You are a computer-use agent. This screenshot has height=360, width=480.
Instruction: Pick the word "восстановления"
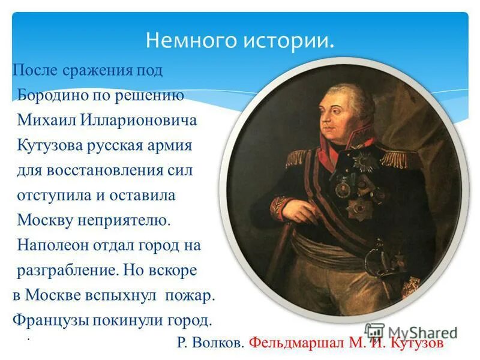(101, 170)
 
